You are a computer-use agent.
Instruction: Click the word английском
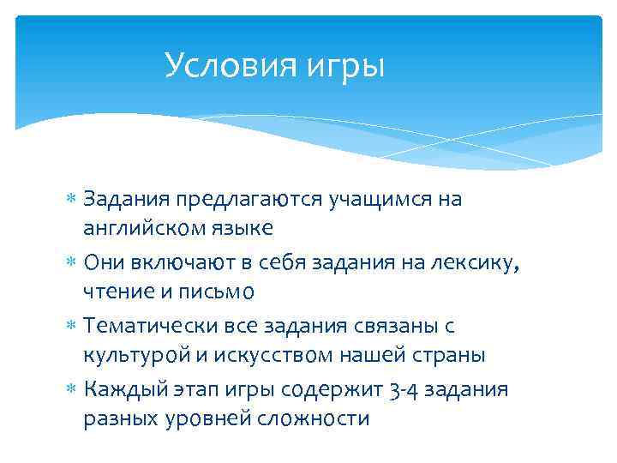click(x=145, y=227)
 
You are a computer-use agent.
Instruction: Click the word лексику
click(x=476, y=262)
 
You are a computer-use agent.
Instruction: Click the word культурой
click(x=135, y=355)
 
